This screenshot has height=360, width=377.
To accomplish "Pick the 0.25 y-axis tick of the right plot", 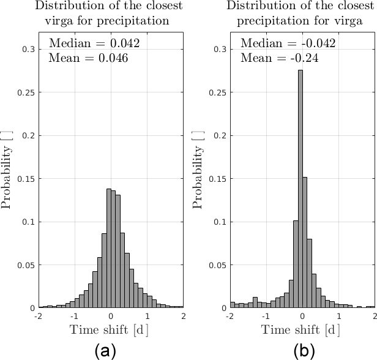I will point(218,92).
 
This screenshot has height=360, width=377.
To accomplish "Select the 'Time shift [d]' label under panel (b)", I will point(302,330).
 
